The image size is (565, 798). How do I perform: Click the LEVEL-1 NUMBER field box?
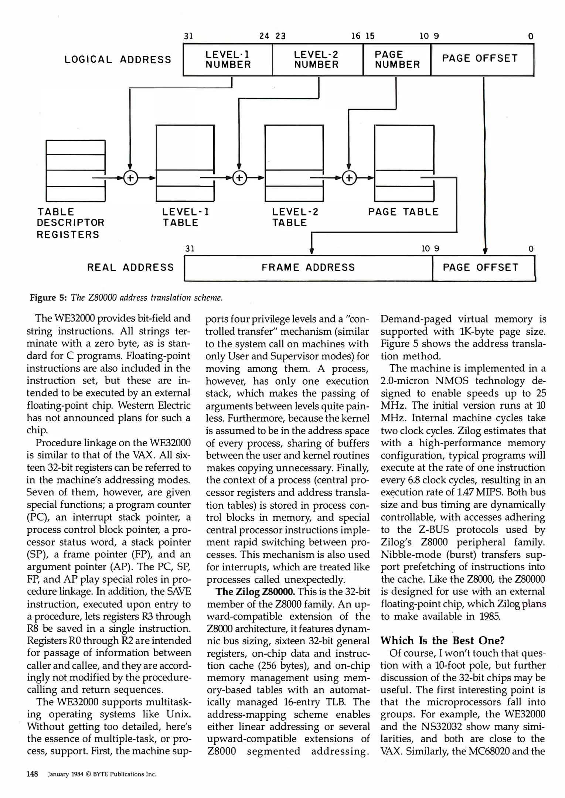click(228, 60)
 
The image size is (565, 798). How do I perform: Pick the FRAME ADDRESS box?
click(308, 268)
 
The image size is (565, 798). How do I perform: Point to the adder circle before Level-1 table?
click(130, 178)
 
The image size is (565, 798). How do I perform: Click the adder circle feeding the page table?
click(349, 178)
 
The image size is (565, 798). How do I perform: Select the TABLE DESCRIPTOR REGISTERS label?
click(70, 223)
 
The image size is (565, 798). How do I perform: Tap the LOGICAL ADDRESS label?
click(118, 60)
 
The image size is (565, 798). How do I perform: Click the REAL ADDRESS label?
click(130, 268)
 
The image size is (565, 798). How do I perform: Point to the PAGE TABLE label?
click(403, 212)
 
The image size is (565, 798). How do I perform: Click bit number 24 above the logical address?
click(264, 36)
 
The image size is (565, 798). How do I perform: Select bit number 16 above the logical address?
click(355, 36)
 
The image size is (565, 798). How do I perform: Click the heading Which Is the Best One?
click(442, 641)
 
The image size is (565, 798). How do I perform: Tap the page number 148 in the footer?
click(32, 774)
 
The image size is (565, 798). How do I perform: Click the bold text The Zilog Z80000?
click(255, 592)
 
